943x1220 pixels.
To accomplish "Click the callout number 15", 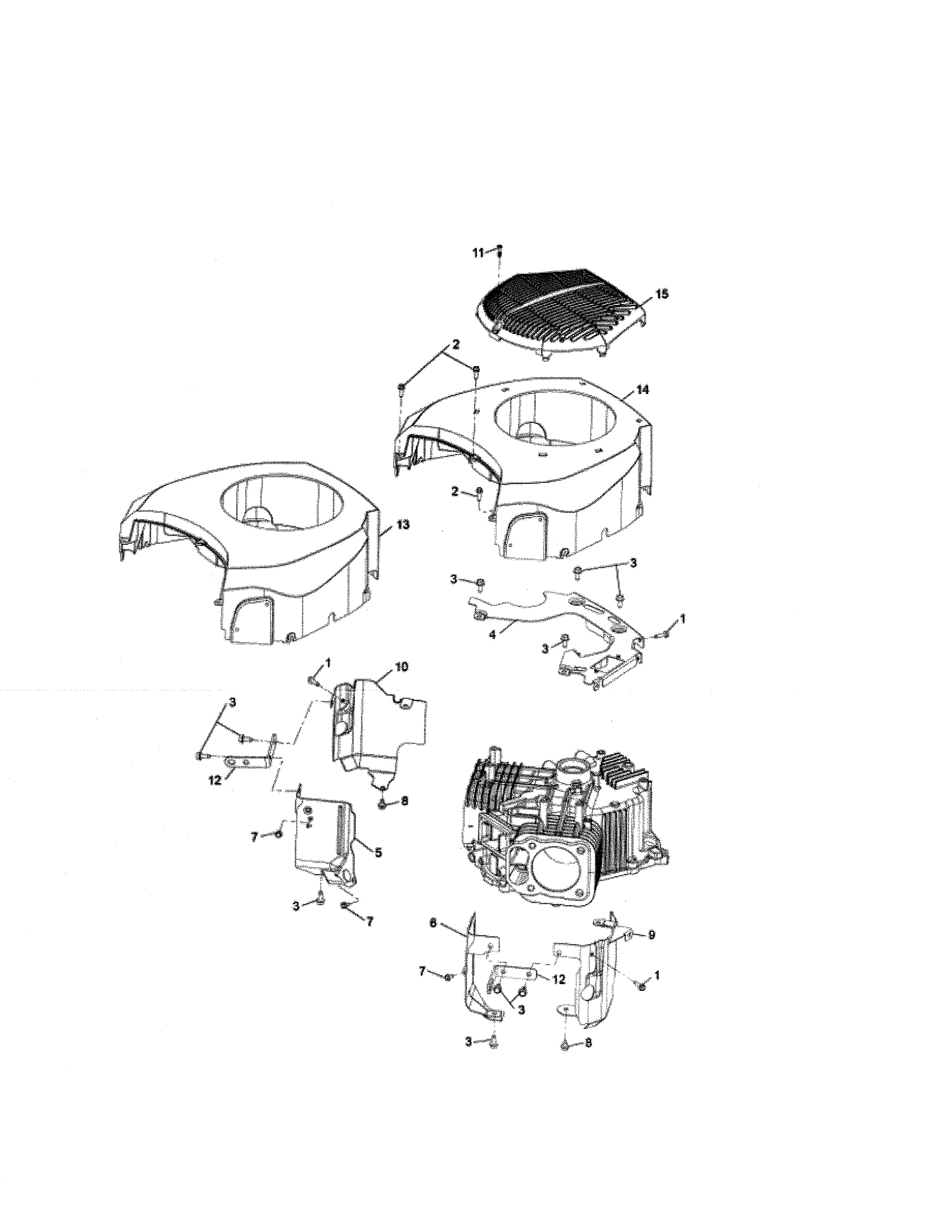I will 662,294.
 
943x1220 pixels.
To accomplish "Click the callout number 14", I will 643,390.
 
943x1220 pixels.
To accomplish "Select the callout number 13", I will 403,525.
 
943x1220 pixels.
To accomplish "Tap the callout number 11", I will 477,253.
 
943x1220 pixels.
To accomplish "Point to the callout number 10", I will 401,667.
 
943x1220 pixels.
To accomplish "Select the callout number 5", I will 378,853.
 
